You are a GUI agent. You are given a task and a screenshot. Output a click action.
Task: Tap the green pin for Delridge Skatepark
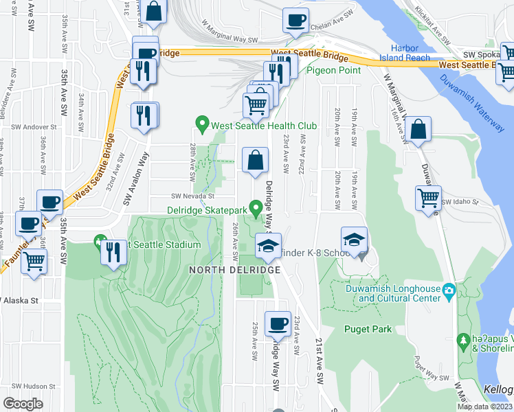256,206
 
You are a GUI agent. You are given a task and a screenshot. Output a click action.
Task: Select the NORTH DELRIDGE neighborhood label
235,270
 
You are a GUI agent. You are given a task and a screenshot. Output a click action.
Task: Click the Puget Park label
368,329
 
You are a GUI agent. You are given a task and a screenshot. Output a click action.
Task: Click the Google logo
23,404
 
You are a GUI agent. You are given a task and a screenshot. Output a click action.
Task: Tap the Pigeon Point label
333,70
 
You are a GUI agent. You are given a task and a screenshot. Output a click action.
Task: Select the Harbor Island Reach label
410,53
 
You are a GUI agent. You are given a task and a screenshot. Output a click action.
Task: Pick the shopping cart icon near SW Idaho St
428,198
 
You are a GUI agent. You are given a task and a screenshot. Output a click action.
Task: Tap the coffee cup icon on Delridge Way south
278,323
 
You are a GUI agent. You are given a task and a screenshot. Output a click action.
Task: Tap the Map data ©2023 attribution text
485,407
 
